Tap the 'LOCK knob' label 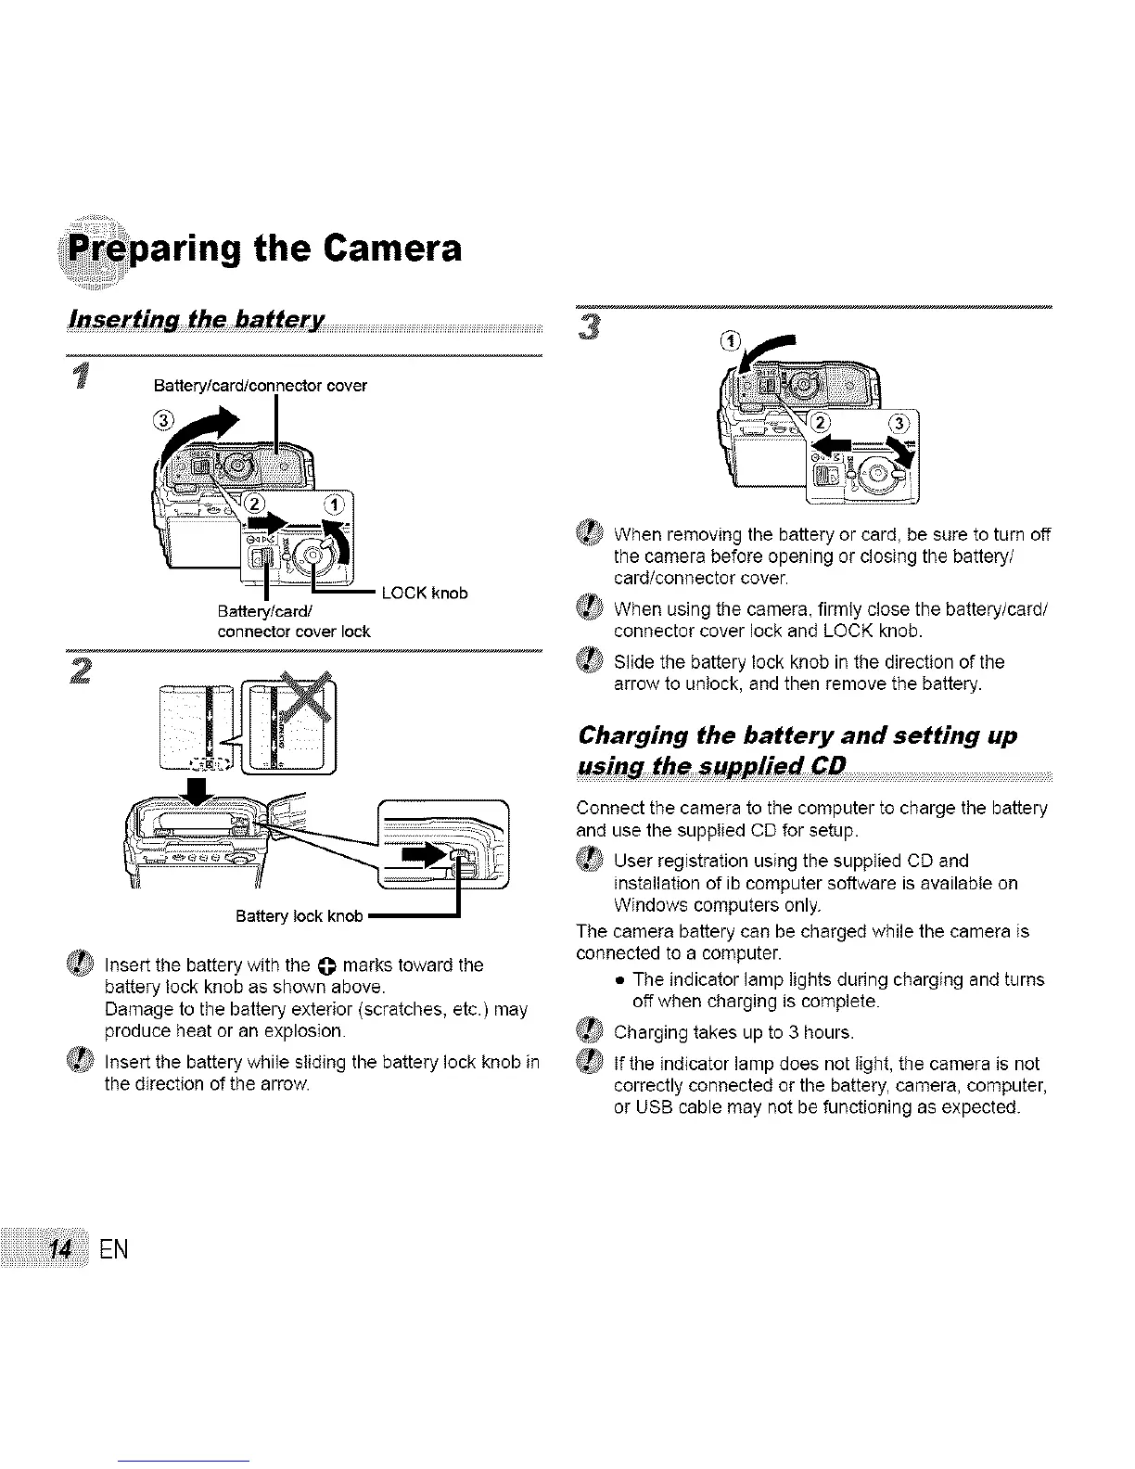pyautogui.click(x=425, y=593)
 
